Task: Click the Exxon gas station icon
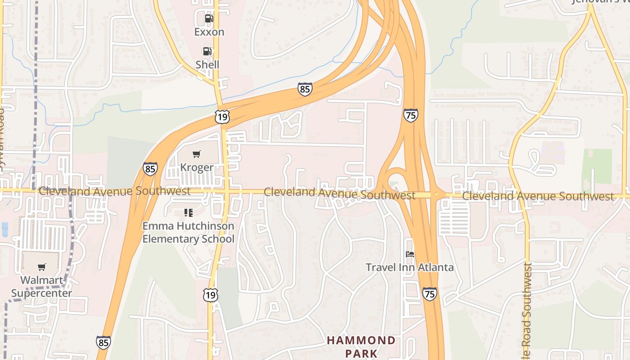(x=209, y=18)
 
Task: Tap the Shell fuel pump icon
(x=207, y=51)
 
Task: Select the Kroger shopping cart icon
(x=196, y=154)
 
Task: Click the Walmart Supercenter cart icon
(x=42, y=267)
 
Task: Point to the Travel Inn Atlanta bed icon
(x=409, y=254)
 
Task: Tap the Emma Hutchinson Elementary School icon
(x=189, y=212)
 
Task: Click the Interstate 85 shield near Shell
(x=305, y=89)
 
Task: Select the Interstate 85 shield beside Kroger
(x=150, y=169)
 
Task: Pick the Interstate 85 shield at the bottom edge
(x=103, y=342)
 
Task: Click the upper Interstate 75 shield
(x=410, y=115)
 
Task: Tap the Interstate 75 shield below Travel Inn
(x=429, y=294)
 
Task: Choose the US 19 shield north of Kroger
(x=222, y=117)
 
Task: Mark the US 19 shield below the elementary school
(x=210, y=295)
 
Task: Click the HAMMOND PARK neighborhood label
(x=361, y=346)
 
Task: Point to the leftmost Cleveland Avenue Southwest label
(x=114, y=191)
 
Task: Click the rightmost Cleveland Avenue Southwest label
(x=538, y=196)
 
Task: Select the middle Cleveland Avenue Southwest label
(x=339, y=194)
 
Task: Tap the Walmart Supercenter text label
(x=41, y=287)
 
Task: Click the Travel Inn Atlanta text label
(x=409, y=267)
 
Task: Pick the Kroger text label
(x=197, y=167)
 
